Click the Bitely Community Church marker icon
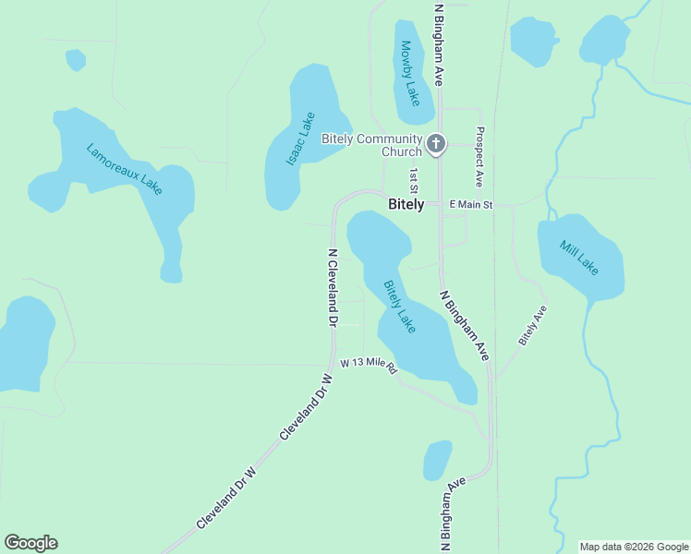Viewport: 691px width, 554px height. coord(436,145)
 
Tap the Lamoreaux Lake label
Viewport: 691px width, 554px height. coord(125,168)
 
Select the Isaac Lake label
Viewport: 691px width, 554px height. coord(301,138)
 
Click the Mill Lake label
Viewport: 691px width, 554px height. coord(579,258)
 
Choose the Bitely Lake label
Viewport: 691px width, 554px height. coord(400,307)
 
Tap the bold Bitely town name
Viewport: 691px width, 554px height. coord(406,204)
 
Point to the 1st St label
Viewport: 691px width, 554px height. coord(415,180)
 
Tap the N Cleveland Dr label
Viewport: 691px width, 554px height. coord(333,287)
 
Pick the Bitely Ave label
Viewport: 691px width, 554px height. coord(533,325)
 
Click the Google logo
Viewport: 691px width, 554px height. coord(30,543)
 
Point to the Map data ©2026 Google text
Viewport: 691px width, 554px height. coord(634,547)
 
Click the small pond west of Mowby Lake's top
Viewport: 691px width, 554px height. coord(76,60)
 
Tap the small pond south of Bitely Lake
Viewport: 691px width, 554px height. coord(437,460)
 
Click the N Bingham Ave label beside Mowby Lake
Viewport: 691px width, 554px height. coord(440,43)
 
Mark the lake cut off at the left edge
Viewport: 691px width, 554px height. coord(23,342)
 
